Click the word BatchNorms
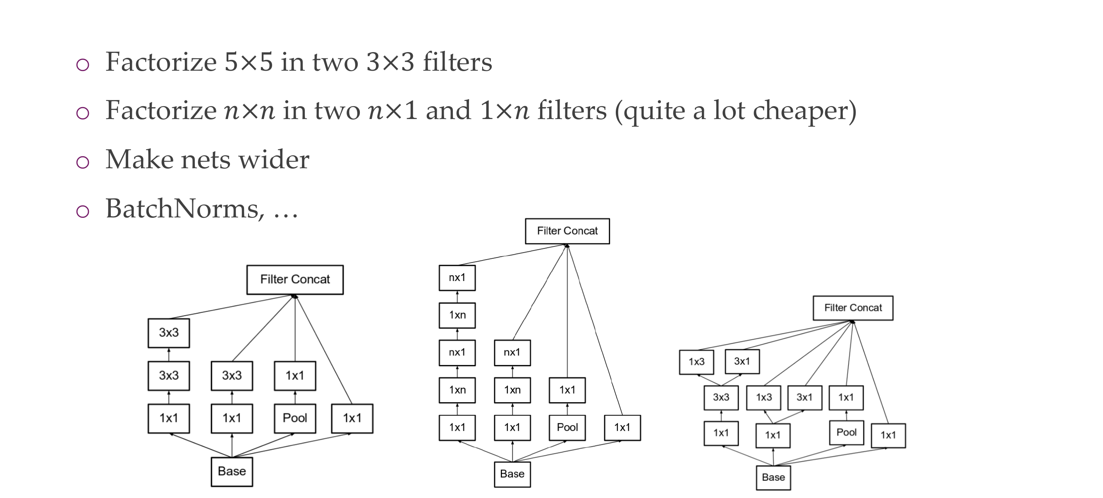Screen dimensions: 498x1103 (182, 209)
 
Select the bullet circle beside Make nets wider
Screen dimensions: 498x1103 (83, 162)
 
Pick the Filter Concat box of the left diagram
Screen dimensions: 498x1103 (295, 279)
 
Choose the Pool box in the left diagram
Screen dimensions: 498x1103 (295, 418)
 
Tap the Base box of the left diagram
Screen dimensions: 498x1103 (232, 472)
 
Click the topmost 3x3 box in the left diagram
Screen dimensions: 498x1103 (169, 333)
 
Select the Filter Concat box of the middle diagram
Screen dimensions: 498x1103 (567, 231)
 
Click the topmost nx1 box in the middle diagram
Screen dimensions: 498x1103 (457, 278)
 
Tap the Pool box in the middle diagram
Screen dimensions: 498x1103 (567, 427)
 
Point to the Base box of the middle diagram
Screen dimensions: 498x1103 (512, 474)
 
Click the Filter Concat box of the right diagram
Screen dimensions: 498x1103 (853, 307)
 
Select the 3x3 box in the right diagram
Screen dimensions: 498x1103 (721, 398)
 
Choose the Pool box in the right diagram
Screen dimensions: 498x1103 (847, 433)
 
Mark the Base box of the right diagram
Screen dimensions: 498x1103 (773, 477)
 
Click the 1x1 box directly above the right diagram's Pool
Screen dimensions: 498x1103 (846, 398)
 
